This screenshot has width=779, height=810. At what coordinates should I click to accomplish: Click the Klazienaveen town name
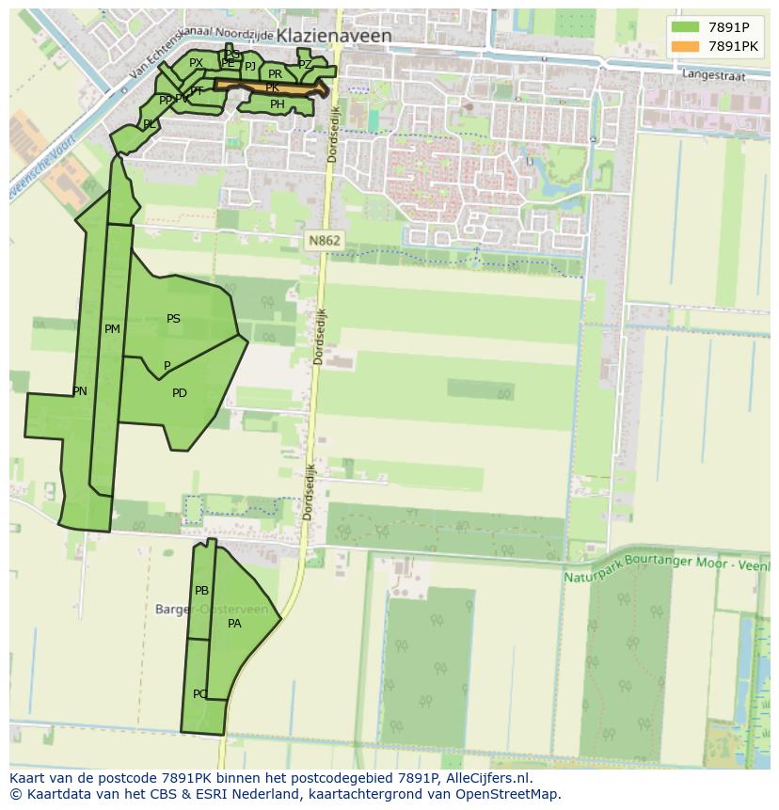[x=334, y=36]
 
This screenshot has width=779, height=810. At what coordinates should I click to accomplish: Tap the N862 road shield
[x=324, y=241]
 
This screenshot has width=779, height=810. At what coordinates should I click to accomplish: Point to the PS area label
[x=173, y=319]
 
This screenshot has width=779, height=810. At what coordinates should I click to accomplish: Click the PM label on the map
[x=112, y=329]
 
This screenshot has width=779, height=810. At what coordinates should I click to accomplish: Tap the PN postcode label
[x=80, y=391]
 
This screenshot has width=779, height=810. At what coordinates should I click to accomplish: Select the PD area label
[x=179, y=393]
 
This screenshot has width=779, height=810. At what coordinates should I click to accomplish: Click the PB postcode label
[x=201, y=591]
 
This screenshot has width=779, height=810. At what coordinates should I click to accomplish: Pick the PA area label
[x=234, y=623]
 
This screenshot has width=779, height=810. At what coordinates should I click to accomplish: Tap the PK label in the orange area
[x=272, y=87]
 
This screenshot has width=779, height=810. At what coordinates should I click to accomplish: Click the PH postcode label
[x=277, y=104]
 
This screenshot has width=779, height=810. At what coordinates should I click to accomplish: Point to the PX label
[x=196, y=63]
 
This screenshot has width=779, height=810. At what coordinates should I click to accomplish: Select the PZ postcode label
[x=304, y=65]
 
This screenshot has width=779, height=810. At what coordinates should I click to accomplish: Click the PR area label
[x=275, y=73]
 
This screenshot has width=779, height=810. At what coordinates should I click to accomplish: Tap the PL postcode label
[x=149, y=124]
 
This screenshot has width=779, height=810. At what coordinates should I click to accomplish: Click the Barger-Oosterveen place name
[x=216, y=610]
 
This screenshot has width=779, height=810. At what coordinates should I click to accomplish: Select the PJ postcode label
[x=249, y=66]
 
